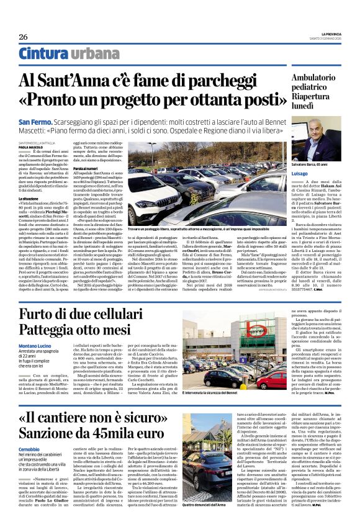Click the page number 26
click(24, 37)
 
